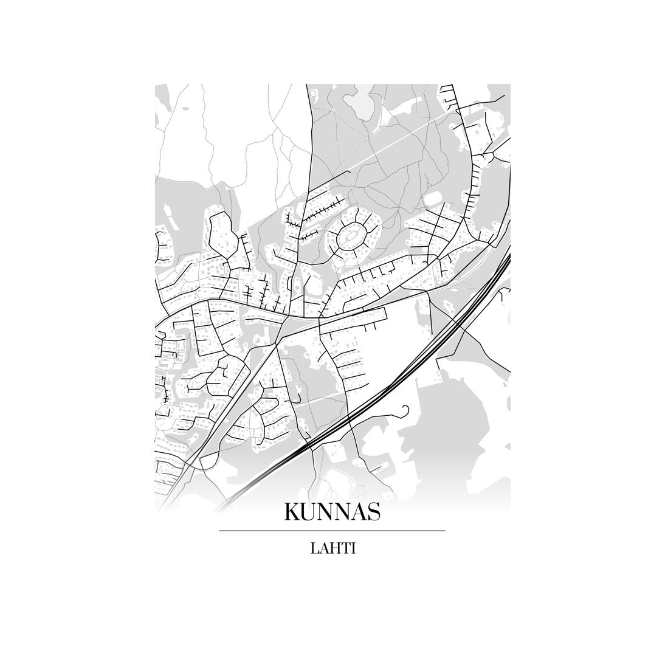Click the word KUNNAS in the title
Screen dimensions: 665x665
[332, 512]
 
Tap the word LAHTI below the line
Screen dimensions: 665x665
[332, 548]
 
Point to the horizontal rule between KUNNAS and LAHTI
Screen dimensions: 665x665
[332, 531]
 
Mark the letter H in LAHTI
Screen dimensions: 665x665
[333, 548]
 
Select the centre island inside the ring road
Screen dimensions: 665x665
[351, 236]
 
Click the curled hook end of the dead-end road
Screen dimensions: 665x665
[403, 409]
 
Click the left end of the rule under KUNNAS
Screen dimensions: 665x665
[220, 531]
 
